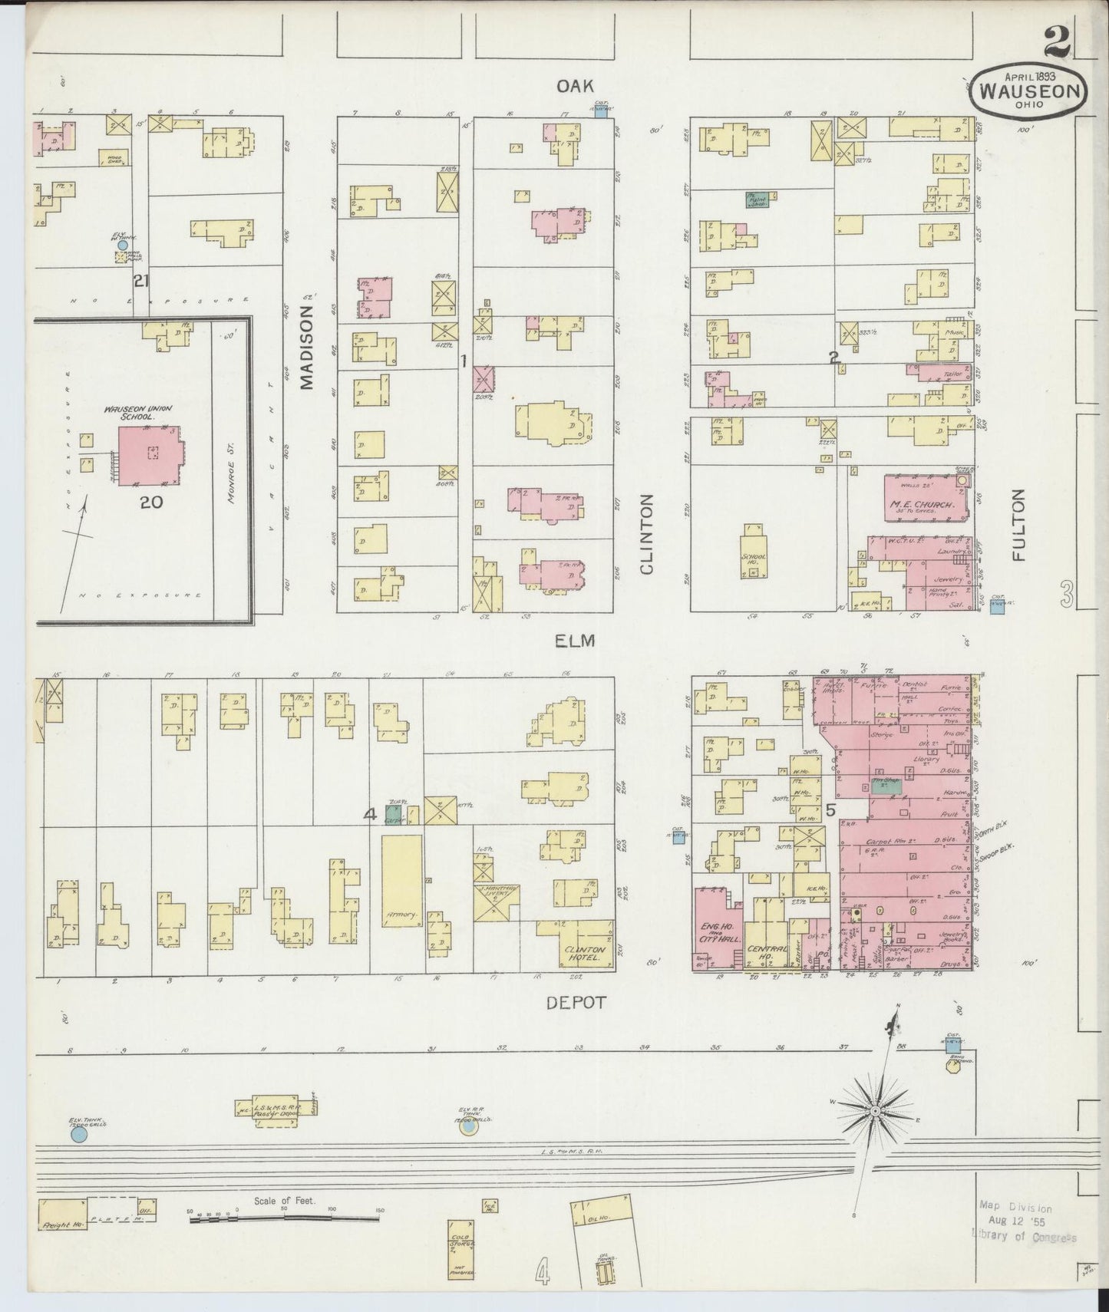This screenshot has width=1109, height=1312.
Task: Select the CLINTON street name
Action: [x=646, y=534]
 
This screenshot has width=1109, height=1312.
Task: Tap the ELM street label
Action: [x=576, y=639]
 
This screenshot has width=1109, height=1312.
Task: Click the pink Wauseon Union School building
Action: [x=148, y=456]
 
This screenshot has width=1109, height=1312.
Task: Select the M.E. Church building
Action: [x=923, y=499]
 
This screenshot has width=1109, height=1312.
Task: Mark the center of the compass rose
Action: [x=875, y=1111]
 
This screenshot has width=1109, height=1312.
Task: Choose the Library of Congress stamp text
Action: [x=1023, y=1238]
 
